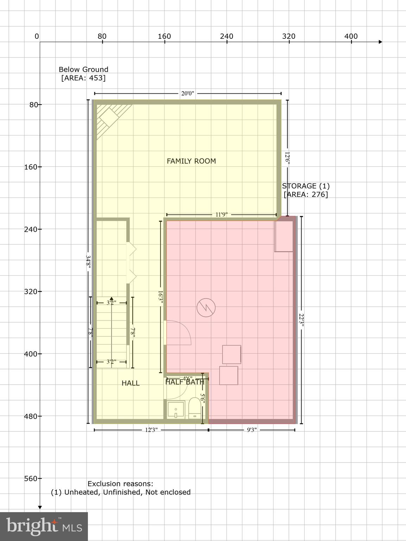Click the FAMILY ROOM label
[x=191, y=161]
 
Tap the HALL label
[x=131, y=383]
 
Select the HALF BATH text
[x=185, y=382]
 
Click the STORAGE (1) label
[x=305, y=186]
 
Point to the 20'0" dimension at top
[x=188, y=93]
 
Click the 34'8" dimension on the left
[x=88, y=262]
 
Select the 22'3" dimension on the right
[x=301, y=320]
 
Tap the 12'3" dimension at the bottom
[x=151, y=430]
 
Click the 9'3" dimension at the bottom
[x=252, y=430]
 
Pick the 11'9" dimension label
[x=221, y=214]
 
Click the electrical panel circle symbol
[x=206, y=307]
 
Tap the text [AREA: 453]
[x=83, y=78]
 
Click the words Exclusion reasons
[x=120, y=484]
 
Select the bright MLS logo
[x=44, y=526]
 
